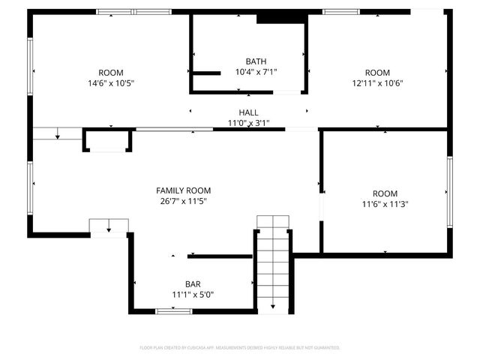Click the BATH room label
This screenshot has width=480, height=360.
[x=256, y=61]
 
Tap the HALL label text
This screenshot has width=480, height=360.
[x=248, y=112]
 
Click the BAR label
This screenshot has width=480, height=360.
[x=193, y=284]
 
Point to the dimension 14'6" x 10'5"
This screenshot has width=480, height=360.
[x=110, y=83]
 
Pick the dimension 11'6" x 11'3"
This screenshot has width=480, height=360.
[x=385, y=203]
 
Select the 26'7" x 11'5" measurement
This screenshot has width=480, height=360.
[x=183, y=201]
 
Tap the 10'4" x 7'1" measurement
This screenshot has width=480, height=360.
[x=256, y=72]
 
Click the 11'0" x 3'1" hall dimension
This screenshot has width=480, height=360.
[x=248, y=122]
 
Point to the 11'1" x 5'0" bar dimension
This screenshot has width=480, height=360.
[x=193, y=295]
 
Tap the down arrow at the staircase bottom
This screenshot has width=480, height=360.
[x=272, y=305]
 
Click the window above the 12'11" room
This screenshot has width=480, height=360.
[x=340, y=11]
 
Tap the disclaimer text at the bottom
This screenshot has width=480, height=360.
[x=240, y=348]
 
